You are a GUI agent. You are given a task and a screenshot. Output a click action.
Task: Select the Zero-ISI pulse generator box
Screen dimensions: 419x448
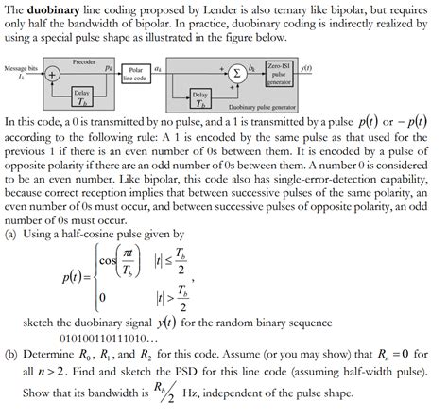[x=278, y=75]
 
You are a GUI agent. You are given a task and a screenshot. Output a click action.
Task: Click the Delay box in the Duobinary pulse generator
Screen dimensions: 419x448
[x=200, y=99]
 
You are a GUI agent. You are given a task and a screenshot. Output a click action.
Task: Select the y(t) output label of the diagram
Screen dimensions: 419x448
[x=306, y=69]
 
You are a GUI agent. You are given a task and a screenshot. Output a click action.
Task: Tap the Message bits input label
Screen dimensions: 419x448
[x=21, y=68]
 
